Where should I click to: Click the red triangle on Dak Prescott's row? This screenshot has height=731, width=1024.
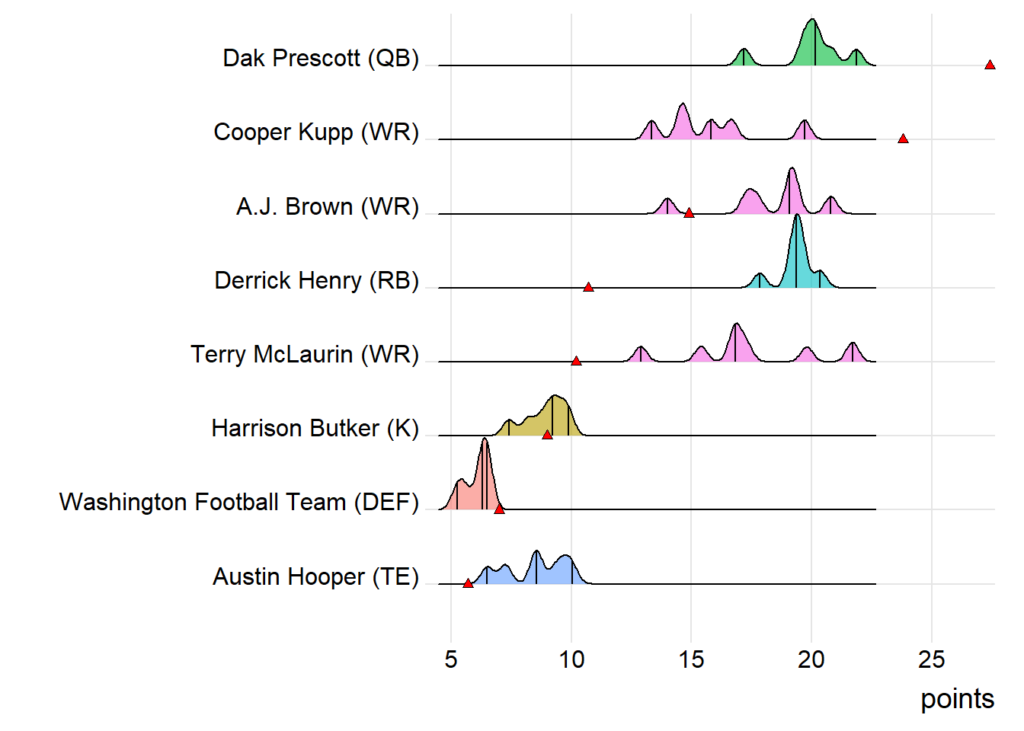(x=990, y=65)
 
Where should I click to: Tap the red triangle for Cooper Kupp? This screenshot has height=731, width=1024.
(x=903, y=139)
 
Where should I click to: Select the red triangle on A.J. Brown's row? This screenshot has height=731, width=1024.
(x=689, y=213)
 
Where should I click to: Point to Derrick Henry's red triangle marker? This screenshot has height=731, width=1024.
(x=588, y=287)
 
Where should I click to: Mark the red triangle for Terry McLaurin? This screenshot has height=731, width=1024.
(x=576, y=361)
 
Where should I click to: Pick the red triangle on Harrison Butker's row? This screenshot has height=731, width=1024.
(x=547, y=435)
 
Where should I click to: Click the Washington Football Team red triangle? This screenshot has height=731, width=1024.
(x=499, y=509)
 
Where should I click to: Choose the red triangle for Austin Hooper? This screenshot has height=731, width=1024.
(x=468, y=583)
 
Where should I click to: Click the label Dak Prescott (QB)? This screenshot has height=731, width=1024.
(x=321, y=58)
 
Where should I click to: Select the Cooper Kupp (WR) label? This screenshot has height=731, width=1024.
(x=316, y=132)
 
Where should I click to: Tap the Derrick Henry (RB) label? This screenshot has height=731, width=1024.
(x=317, y=280)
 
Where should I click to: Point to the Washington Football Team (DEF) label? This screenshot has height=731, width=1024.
(x=239, y=502)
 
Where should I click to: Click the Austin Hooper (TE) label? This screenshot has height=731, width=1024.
(x=315, y=576)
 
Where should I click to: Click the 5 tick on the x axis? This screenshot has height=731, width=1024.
(x=451, y=659)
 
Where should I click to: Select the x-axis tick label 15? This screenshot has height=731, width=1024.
(x=691, y=659)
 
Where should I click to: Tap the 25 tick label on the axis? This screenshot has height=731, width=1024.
(x=931, y=659)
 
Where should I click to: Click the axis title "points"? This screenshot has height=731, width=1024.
(x=957, y=698)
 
